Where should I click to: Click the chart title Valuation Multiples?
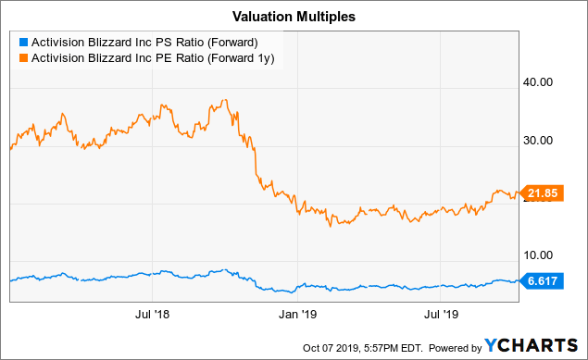pyautogui.click(x=294, y=16)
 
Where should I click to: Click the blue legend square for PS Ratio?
pyautogui.click(x=23, y=41)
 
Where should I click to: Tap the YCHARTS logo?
pyautogui.click(x=532, y=344)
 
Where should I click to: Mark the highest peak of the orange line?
pyautogui.click(x=225, y=99)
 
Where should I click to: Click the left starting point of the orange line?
pyautogui.click(x=9, y=148)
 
